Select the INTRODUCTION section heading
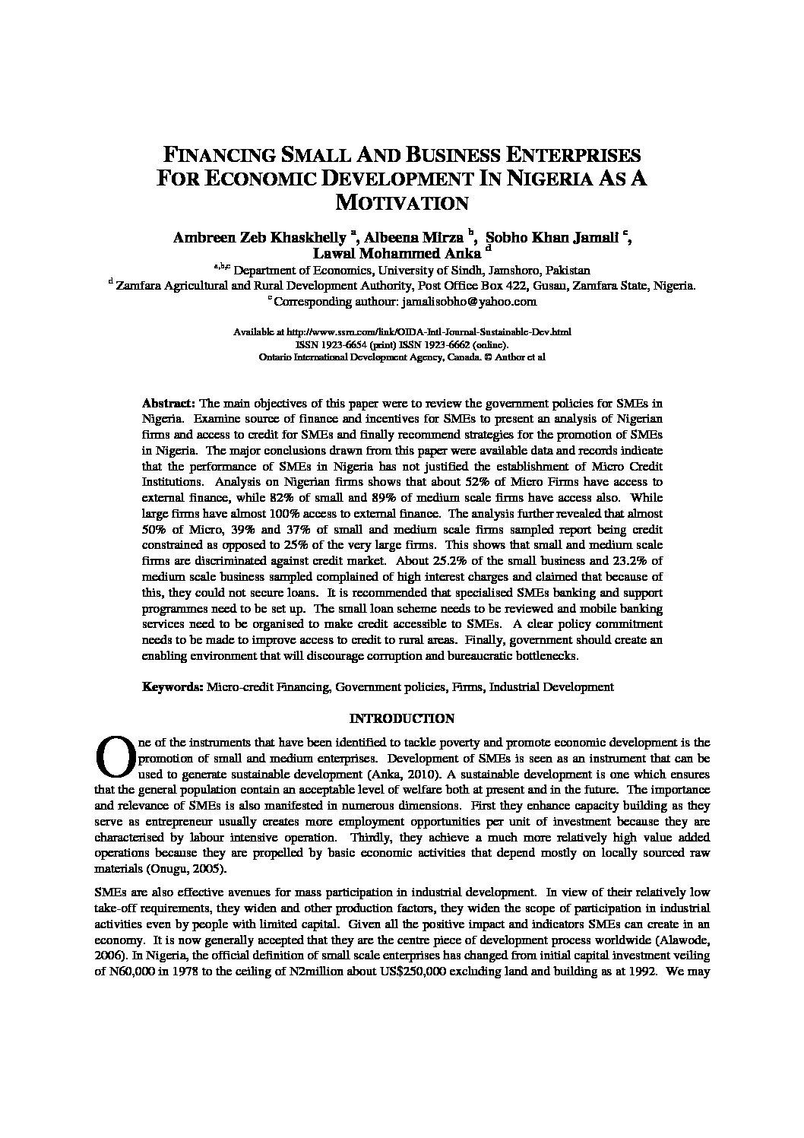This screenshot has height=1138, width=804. pos(401,718)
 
